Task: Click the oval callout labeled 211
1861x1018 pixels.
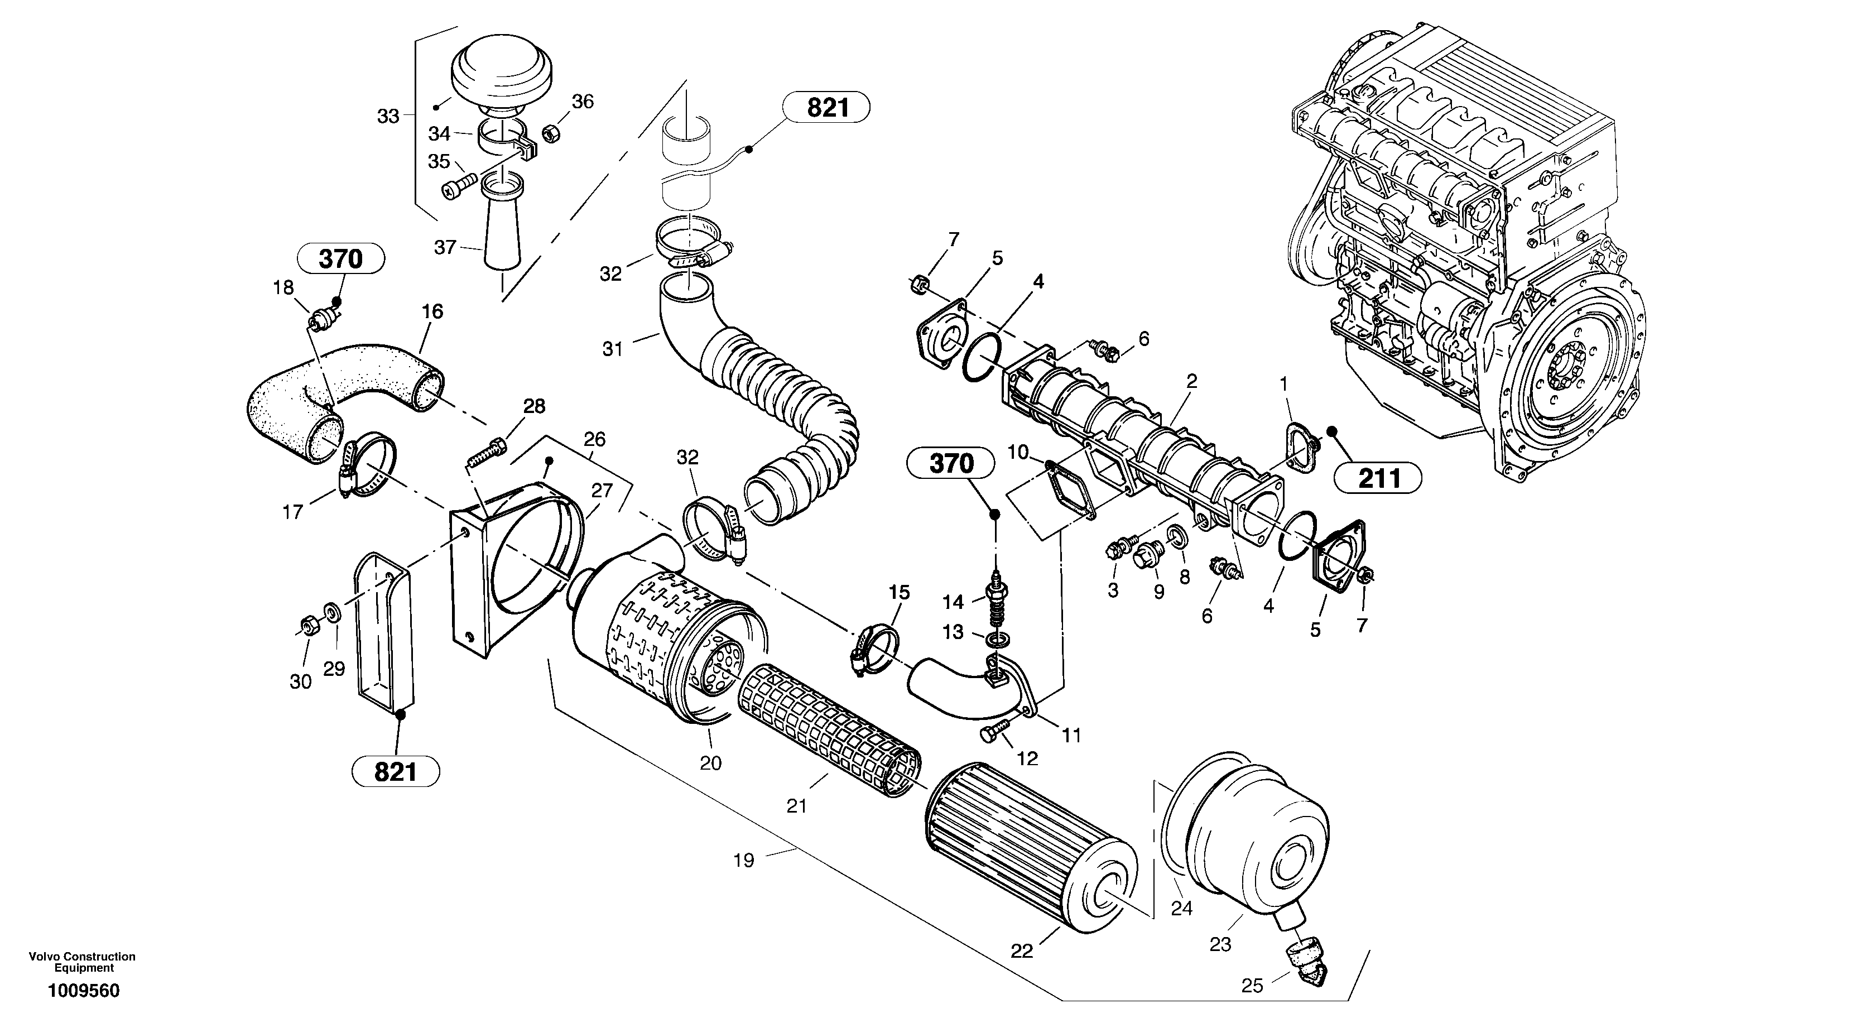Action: pos(1379,478)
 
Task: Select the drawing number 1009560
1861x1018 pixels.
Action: pos(84,991)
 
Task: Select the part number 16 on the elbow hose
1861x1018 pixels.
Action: pos(432,311)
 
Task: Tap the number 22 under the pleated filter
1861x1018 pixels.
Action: pos(1022,952)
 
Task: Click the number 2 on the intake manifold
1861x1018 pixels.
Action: pos(1191,381)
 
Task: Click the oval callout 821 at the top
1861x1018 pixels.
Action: pos(826,108)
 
